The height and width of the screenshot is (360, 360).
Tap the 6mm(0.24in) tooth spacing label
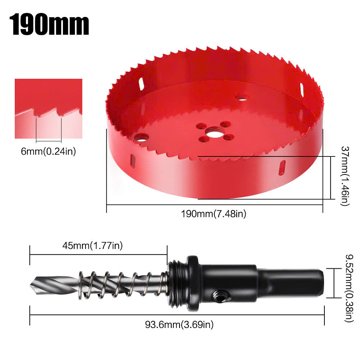point(48,152)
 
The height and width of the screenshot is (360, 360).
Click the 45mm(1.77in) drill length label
point(93,246)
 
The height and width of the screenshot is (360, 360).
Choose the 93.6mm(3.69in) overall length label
point(179,324)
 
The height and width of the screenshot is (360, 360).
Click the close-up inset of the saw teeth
point(49,109)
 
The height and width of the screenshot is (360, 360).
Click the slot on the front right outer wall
point(283,167)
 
